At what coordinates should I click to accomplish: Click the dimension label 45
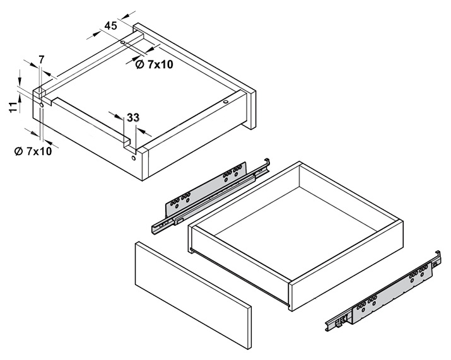point(111,26)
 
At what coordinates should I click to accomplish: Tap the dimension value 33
point(133,117)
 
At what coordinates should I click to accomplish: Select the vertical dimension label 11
point(13,107)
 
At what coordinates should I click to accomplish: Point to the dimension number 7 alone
point(42,59)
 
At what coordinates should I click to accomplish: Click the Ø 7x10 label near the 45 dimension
point(154,64)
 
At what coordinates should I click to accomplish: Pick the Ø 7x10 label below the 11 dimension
point(33,151)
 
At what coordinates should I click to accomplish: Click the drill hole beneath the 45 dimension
point(123,42)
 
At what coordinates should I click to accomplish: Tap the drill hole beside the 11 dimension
point(42,105)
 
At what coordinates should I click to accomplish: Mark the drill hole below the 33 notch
point(133,158)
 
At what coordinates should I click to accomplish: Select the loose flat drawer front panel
point(193,295)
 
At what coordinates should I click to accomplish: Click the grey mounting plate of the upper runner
point(206,189)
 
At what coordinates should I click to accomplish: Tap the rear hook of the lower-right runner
point(437,256)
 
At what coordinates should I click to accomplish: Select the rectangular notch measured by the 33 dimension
point(129,144)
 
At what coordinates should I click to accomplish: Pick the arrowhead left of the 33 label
point(117,115)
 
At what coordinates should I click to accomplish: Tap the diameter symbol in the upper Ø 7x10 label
point(139,65)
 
